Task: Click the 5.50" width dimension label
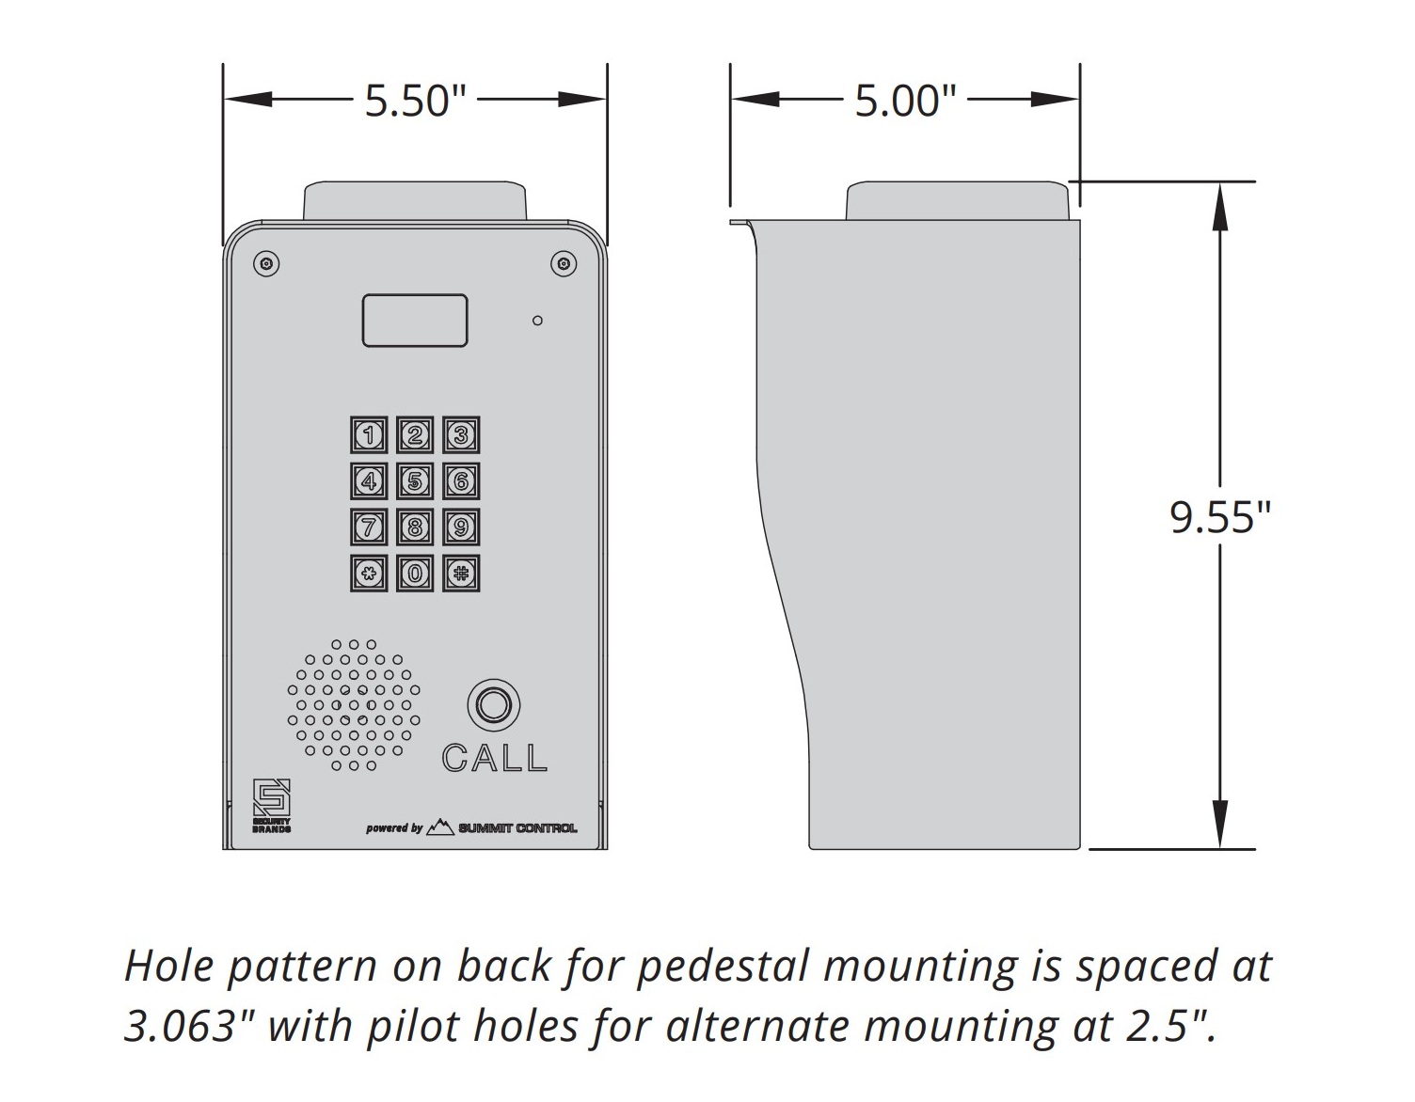[416, 101]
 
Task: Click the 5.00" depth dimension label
[905, 101]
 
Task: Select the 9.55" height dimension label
[1220, 518]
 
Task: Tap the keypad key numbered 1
[369, 434]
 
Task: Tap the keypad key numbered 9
[461, 527]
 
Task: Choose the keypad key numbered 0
[415, 574]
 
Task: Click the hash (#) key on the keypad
[461, 574]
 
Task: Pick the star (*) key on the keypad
[369, 574]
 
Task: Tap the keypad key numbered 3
[461, 434]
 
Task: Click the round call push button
[494, 705]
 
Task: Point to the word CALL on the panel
[494, 758]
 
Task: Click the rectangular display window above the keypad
[415, 321]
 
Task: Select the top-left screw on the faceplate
[266, 263]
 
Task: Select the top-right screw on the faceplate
[564, 263]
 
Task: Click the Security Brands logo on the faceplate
[272, 806]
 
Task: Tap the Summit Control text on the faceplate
[517, 827]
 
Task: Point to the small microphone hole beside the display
[537, 321]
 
